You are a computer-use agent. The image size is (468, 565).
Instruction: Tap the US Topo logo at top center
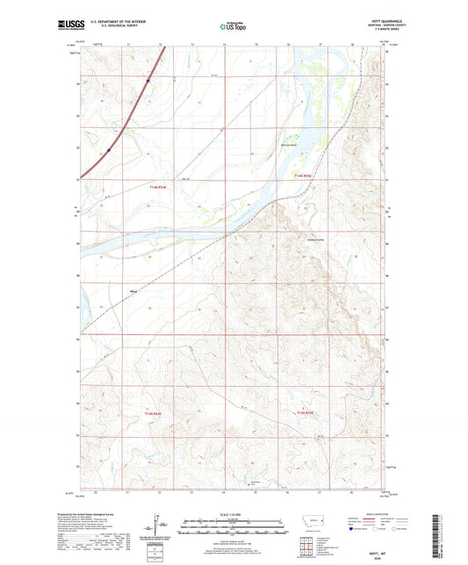233,27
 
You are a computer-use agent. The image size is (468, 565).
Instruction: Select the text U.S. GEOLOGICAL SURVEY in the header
132,29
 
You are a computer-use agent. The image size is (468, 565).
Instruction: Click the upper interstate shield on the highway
148,82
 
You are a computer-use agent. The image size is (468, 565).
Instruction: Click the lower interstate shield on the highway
108,150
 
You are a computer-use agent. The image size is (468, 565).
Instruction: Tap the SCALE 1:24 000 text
234,513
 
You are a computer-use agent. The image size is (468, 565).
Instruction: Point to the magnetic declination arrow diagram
162,527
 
